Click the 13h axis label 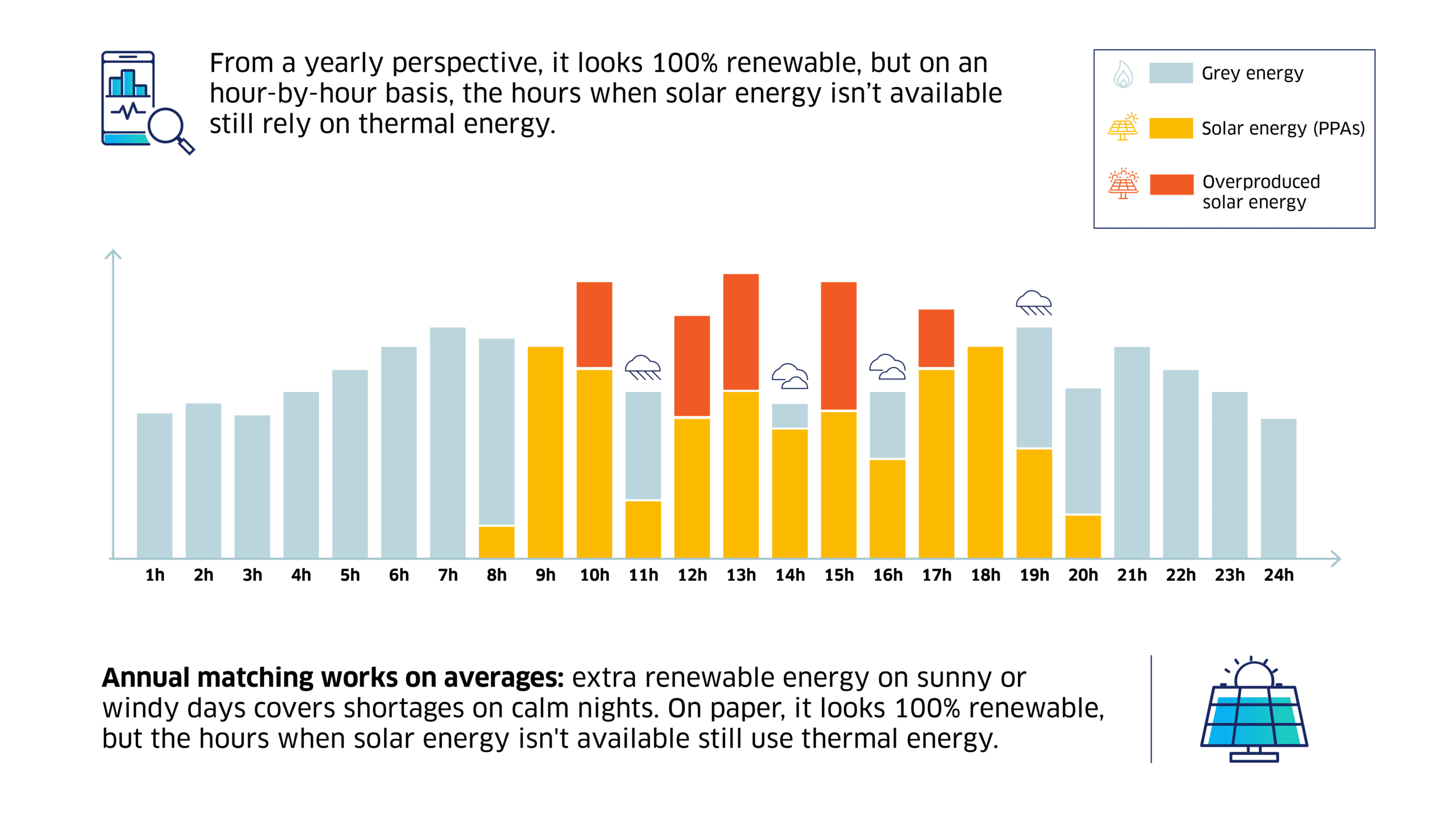740,575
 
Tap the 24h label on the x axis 1278,575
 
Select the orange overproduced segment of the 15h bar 838,345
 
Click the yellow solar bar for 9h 545,453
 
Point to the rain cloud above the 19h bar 1033,303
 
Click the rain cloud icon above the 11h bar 643,368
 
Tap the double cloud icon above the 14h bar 790,376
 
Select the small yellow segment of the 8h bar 496,542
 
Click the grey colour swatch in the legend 1170,73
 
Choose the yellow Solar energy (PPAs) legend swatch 1170,128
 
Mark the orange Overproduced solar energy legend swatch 1171,184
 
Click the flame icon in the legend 1123,74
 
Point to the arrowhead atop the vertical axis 113,254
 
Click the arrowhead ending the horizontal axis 1335,558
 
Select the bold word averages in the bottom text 503,677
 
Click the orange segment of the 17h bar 936,338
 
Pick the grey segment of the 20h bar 1083,450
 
